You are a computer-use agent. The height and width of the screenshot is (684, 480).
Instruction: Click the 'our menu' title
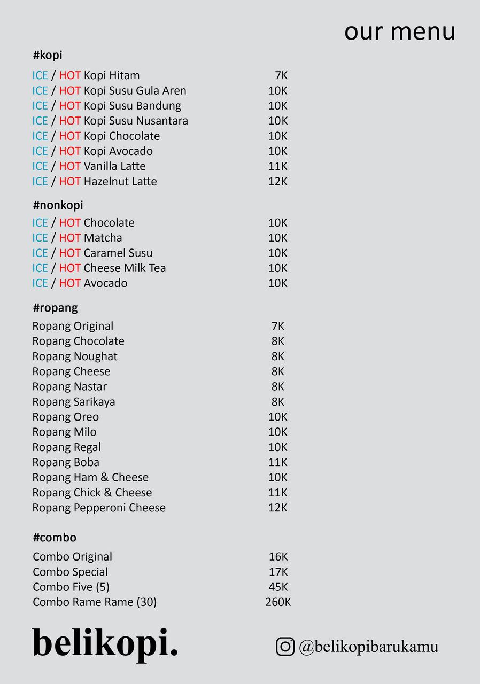(x=399, y=32)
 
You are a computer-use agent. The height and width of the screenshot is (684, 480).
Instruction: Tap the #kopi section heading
(x=48, y=55)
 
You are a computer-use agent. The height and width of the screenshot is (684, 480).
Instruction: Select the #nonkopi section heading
(x=58, y=205)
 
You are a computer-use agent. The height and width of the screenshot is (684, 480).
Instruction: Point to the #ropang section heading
(x=55, y=308)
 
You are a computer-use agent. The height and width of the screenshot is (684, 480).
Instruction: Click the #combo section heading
(x=55, y=538)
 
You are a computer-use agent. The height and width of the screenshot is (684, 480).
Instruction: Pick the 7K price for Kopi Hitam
(x=281, y=75)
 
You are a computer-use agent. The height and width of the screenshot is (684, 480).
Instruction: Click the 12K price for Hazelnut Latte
(x=278, y=182)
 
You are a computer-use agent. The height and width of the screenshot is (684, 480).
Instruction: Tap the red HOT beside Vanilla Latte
(x=69, y=167)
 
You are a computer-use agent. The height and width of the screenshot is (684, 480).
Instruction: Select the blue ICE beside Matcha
(x=40, y=238)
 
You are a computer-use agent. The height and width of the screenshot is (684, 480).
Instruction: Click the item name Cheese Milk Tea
(x=125, y=268)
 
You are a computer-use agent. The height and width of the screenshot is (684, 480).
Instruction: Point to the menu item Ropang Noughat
(x=75, y=356)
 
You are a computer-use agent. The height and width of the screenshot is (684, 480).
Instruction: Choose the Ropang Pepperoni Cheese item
(x=99, y=508)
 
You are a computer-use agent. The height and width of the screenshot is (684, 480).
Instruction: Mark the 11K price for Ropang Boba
(x=278, y=462)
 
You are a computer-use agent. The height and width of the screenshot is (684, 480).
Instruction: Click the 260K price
(x=278, y=602)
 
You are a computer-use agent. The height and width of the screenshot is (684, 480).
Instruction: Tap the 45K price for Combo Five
(x=278, y=587)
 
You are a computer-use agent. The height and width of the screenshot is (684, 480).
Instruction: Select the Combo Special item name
(x=71, y=572)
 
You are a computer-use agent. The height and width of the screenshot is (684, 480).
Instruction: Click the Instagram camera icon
(x=285, y=647)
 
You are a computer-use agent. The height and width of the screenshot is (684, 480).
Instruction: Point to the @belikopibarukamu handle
(x=369, y=647)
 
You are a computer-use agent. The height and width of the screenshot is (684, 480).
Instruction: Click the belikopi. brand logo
(x=105, y=643)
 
